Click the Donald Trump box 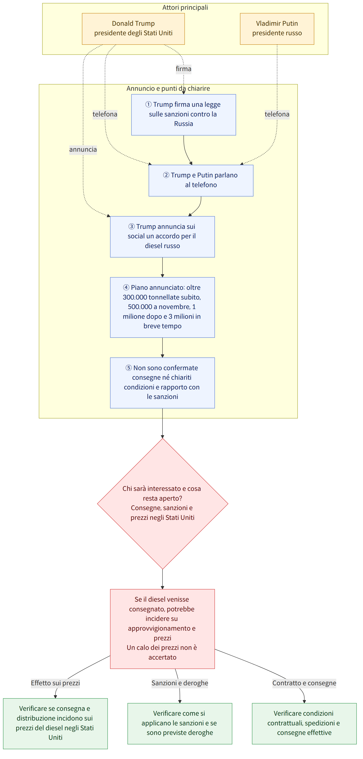[133, 29]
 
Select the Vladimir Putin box [277, 29]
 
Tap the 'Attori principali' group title [185, 7]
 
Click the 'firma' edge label [184, 69]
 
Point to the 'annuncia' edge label [83, 149]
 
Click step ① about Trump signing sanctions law [184, 115]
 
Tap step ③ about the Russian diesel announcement [162, 237]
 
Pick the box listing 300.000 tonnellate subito [162, 307]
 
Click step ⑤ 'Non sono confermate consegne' [162, 383]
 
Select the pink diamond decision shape [162, 504]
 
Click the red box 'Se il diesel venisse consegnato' [162, 629]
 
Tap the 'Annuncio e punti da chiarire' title [168, 88]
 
